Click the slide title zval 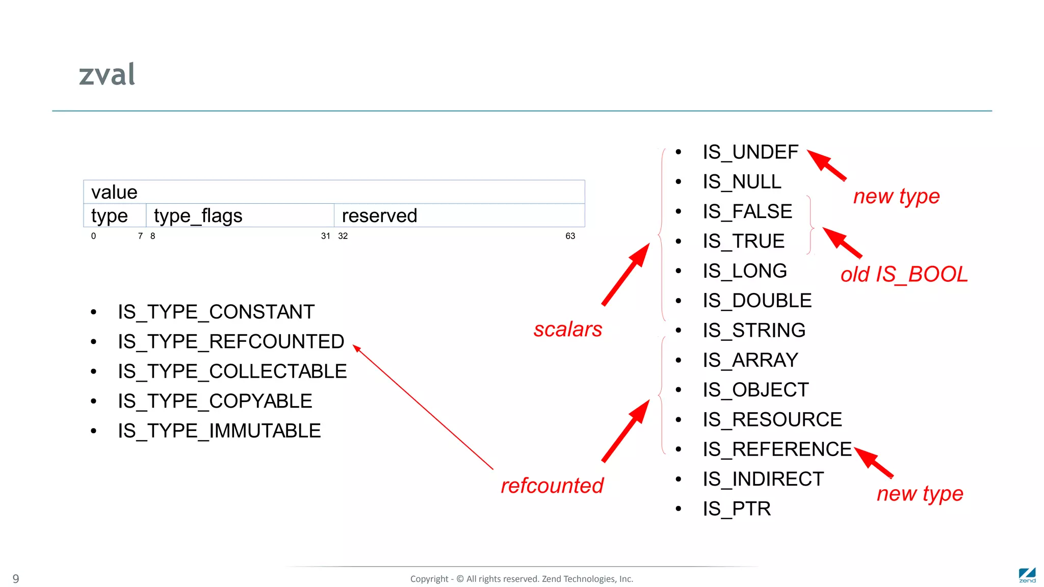pos(107,74)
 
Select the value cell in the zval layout pos(334,192)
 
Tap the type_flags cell pos(240,216)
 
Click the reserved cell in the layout pos(459,216)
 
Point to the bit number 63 pos(570,236)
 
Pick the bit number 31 pos(325,236)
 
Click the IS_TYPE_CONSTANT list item pos(216,312)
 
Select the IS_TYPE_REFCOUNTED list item pos(231,341)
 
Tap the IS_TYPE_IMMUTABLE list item pos(219,431)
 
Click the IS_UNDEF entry pos(750,152)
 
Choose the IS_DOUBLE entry pos(757,301)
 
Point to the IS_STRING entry pos(754,330)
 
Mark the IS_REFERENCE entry pos(777,449)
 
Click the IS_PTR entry pos(737,509)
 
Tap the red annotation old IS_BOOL pos(904,275)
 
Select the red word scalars pos(568,329)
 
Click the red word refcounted pos(552,486)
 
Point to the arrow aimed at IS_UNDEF pos(827,165)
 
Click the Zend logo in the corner pos(1027,575)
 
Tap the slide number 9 pos(16,579)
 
